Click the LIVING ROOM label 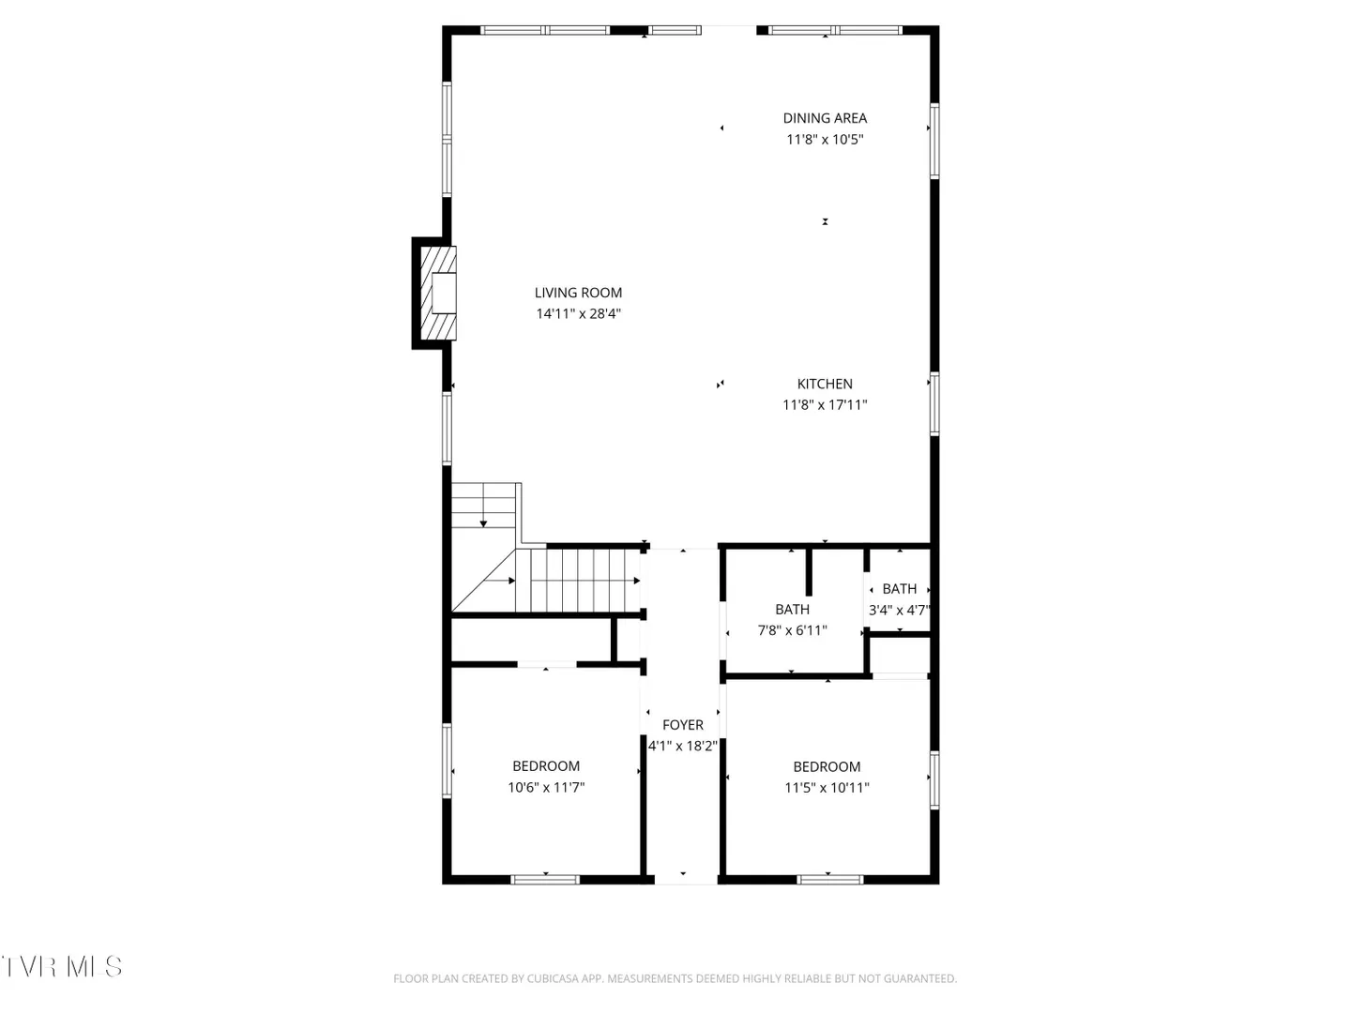578,293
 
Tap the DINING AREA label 825,118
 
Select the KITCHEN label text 825,384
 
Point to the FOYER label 683,725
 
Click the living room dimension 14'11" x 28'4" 578,313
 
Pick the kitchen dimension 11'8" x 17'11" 825,404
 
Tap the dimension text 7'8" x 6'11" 792,630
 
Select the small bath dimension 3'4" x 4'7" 899,610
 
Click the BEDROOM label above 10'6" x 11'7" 546,766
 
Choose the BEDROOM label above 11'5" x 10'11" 827,767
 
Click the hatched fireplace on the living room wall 438,294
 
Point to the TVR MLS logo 62,967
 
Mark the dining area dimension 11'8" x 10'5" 825,139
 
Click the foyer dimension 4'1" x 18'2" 683,746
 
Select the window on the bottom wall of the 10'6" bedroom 545,880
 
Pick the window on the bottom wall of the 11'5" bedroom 829,880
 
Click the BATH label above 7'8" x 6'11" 792,610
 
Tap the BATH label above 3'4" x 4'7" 899,589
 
